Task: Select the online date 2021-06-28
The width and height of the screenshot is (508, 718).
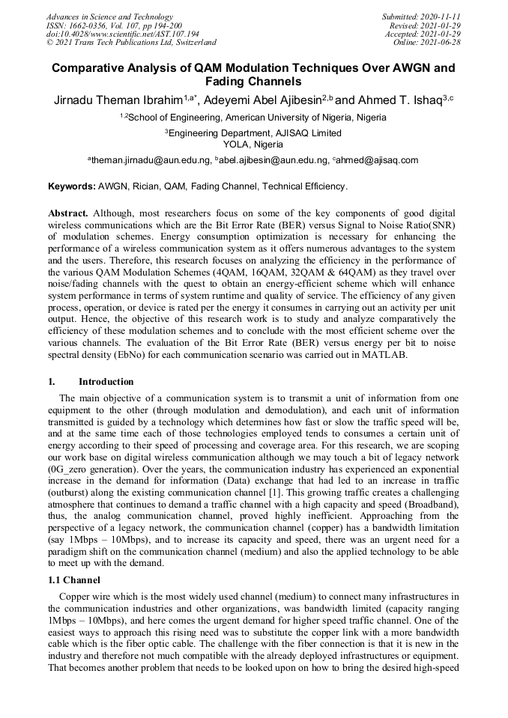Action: (442, 43)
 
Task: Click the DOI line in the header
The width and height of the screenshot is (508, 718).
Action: (123, 34)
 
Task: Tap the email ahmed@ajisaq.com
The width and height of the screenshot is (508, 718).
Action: (377, 159)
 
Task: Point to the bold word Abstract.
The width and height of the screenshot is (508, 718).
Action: (69, 214)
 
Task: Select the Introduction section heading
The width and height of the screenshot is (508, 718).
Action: (106, 381)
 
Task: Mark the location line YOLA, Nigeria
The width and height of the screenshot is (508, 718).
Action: (253, 144)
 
